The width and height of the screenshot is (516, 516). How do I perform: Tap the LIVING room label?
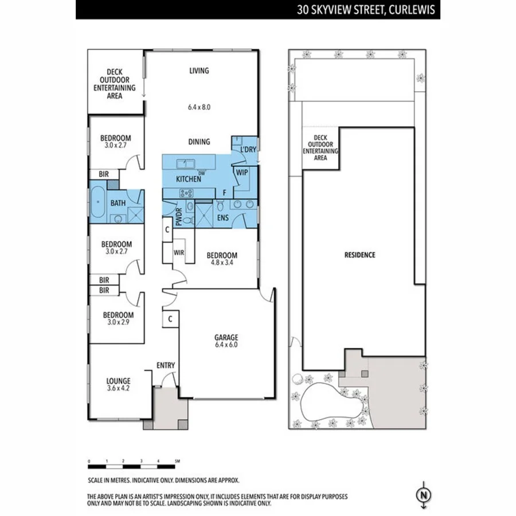click(199, 71)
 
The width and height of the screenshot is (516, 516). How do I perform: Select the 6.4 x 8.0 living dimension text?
click(199, 107)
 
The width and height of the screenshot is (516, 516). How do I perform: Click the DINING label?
click(199, 142)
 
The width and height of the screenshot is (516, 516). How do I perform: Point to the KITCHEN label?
click(188, 179)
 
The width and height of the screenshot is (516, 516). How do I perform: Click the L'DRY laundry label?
click(248, 150)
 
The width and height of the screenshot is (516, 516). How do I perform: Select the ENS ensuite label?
click(224, 218)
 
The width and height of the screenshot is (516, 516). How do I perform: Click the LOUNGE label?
click(118, 381)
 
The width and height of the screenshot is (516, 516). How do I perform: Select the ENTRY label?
click(166, 365)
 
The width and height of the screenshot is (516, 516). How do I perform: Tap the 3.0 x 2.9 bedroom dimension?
click(118, 323)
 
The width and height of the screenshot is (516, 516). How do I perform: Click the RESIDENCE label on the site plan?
click(359, 255)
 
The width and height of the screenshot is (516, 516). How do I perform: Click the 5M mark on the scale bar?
click(177, 461)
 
